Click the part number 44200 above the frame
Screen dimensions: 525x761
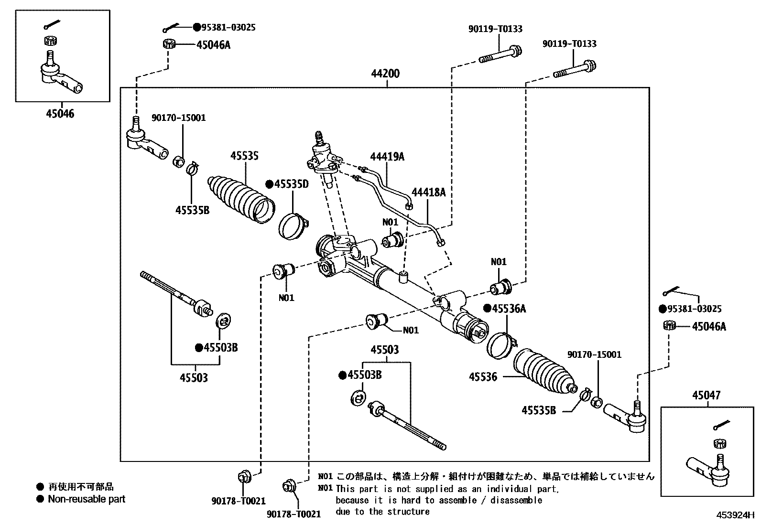tap(385, 74)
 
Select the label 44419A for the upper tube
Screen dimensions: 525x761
tap(387, 156)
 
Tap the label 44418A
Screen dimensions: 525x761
tap(428, 192)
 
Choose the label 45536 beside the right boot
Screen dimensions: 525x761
tap(483, 377)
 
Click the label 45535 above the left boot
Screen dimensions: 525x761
tap(244, 156)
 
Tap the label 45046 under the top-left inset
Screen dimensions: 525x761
tap(60, 114)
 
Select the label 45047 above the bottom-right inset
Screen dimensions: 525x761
tap(706, 396)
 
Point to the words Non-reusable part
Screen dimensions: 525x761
tap(87, 499)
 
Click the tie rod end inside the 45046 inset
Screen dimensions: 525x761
tap(60, 76)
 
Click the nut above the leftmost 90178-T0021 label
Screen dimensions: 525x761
tap(243, 477)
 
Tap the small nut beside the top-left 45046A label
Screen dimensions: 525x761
tap(168, 44)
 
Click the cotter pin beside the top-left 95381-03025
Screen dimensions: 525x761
tap(171, 28)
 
